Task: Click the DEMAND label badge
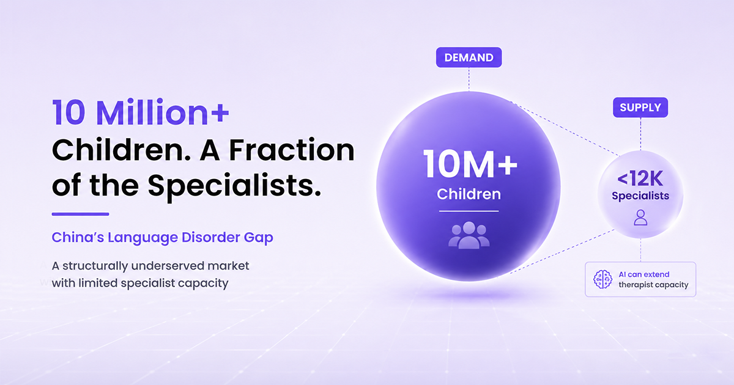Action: point(469,57)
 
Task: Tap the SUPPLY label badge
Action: point(640,108)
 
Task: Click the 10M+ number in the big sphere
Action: point(470,164)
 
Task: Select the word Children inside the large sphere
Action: point(469,194)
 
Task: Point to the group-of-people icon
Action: point(469,235)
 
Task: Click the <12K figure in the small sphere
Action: point(640,178)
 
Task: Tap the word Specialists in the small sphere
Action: point(640,196)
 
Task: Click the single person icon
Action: point(640,218)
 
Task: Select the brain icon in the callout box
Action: point(602,279)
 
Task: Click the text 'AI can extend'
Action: point(644,274)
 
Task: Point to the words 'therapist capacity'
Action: point(653,285)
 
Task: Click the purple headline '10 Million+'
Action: point(140,112)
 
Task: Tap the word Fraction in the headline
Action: point(292,150)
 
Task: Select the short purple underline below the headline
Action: point(80,214)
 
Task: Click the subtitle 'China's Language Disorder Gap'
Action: point(162,238)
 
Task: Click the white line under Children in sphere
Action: point(469,211)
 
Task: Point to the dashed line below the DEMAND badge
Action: point(469,79)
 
